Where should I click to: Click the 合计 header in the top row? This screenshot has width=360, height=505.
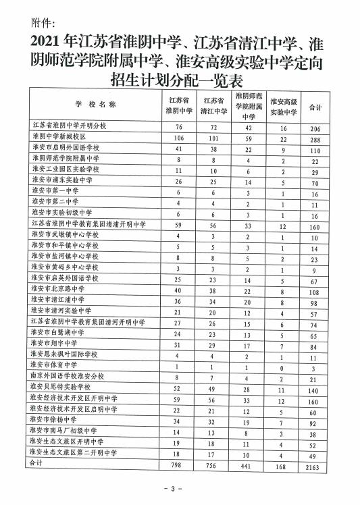pos(315,107)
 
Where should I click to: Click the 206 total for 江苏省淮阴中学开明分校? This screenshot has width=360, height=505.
pos(315,127)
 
